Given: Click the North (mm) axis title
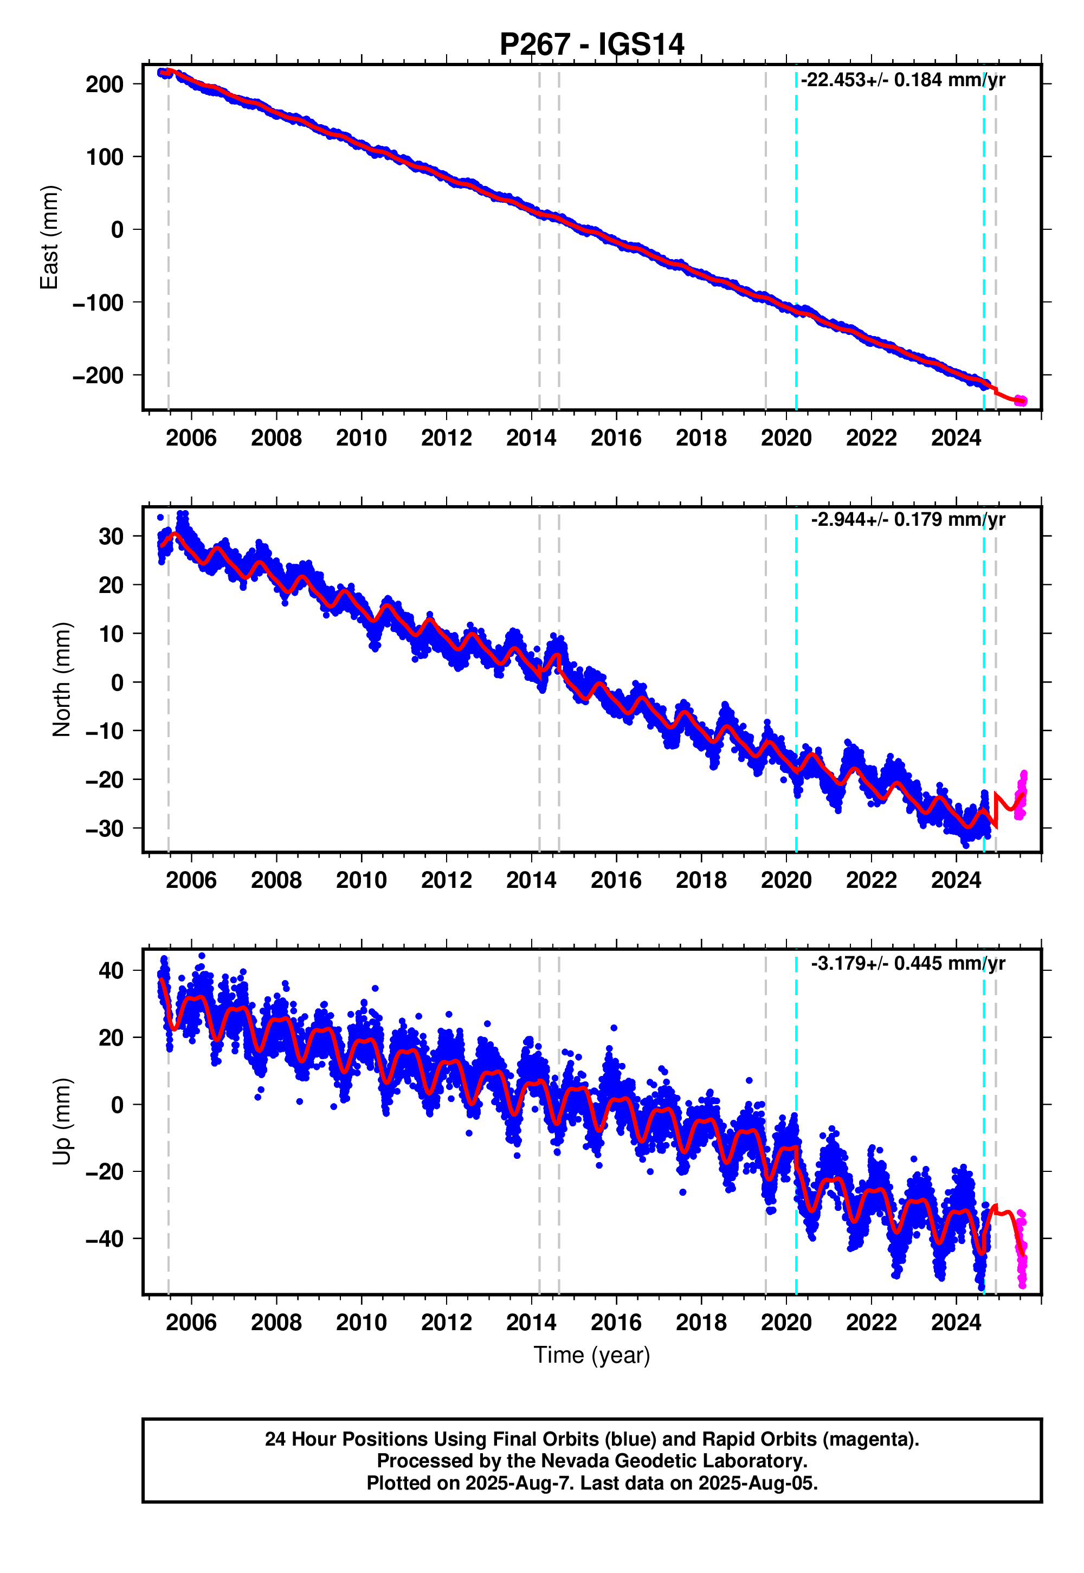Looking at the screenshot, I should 61,679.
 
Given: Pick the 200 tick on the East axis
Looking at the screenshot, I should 105,84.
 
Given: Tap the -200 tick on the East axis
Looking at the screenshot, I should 99,375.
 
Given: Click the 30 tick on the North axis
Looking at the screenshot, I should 111,537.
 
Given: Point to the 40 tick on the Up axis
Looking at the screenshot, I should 111,971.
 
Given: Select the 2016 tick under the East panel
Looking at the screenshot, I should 616,438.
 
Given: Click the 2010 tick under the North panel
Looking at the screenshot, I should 362,880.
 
